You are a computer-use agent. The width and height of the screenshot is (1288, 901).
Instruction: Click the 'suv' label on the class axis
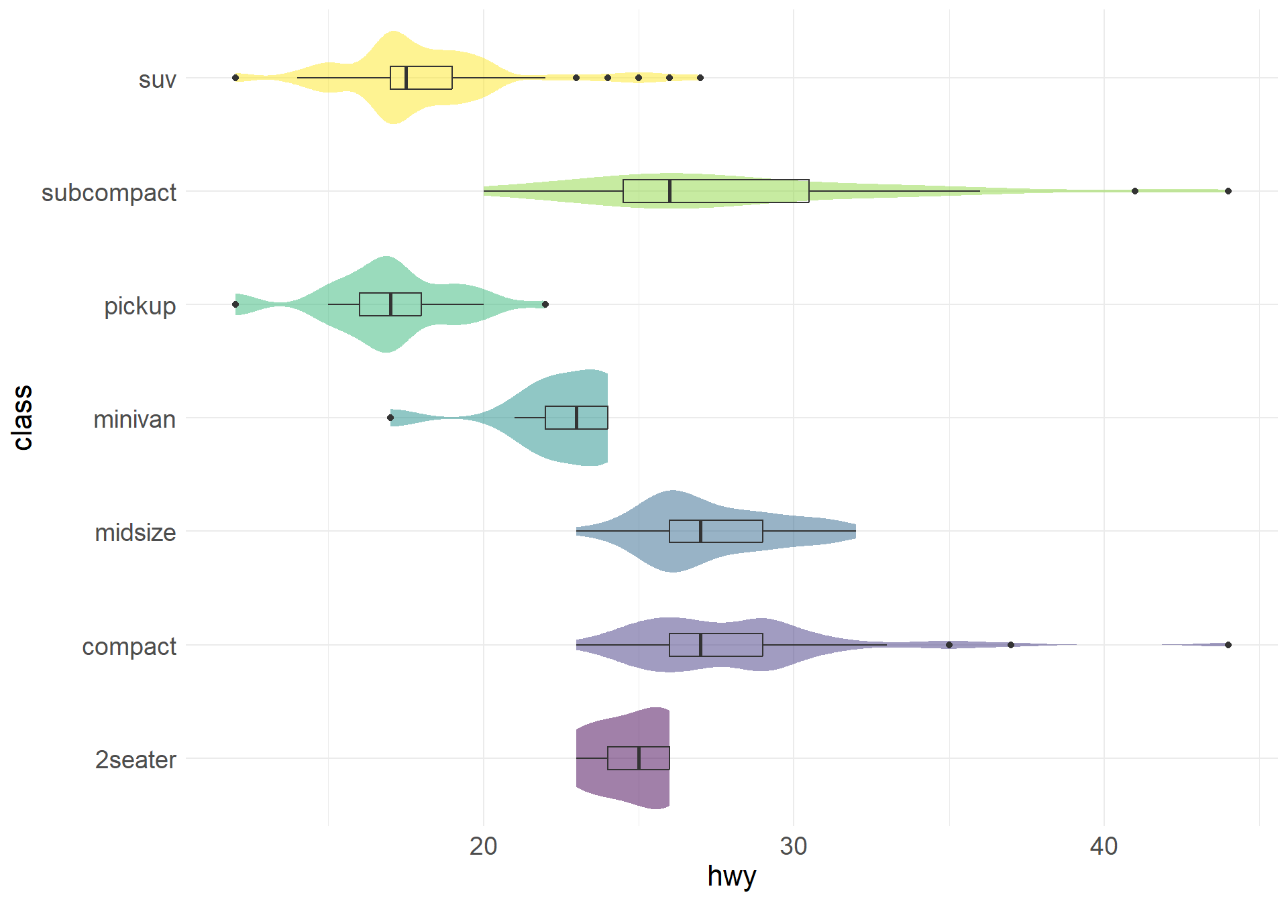(x=157, y=80)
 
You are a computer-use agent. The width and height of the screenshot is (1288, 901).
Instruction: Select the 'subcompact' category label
(x=109, y=193)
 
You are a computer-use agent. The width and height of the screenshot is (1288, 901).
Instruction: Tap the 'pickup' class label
(x=140, y=306)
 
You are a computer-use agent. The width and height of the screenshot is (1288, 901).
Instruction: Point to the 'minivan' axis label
(x=134, y=420)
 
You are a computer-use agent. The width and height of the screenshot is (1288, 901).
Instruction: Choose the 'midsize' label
(x=135, y=533)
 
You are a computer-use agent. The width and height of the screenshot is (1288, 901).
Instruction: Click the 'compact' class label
(x=129, y=647)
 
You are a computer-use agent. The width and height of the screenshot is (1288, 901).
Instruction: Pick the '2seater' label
(x=136, y=760)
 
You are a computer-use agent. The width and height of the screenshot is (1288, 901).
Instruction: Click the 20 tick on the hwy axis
(x=483, y=847)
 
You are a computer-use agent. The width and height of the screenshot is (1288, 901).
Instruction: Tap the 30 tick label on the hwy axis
(x=794, y=847)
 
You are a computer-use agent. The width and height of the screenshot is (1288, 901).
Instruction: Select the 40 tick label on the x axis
(x=1104, y=847)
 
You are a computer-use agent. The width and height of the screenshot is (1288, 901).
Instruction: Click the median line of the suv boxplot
(x=406, y=78)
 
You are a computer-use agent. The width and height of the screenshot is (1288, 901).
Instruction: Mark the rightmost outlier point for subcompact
(x=1228, y=191)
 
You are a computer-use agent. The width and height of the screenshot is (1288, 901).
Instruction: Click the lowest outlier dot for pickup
(x=235, y=304)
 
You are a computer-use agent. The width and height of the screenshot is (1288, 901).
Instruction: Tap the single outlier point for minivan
(x=390, y=418)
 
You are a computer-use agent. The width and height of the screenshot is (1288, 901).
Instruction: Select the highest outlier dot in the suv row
(x=700, y=78)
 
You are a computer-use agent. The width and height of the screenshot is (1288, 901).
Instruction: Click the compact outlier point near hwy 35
(x=949, y=645)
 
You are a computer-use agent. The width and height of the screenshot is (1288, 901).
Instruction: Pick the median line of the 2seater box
(x=639, y=758)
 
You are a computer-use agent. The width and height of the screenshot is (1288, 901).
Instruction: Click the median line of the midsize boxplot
(x=700, y=531)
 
